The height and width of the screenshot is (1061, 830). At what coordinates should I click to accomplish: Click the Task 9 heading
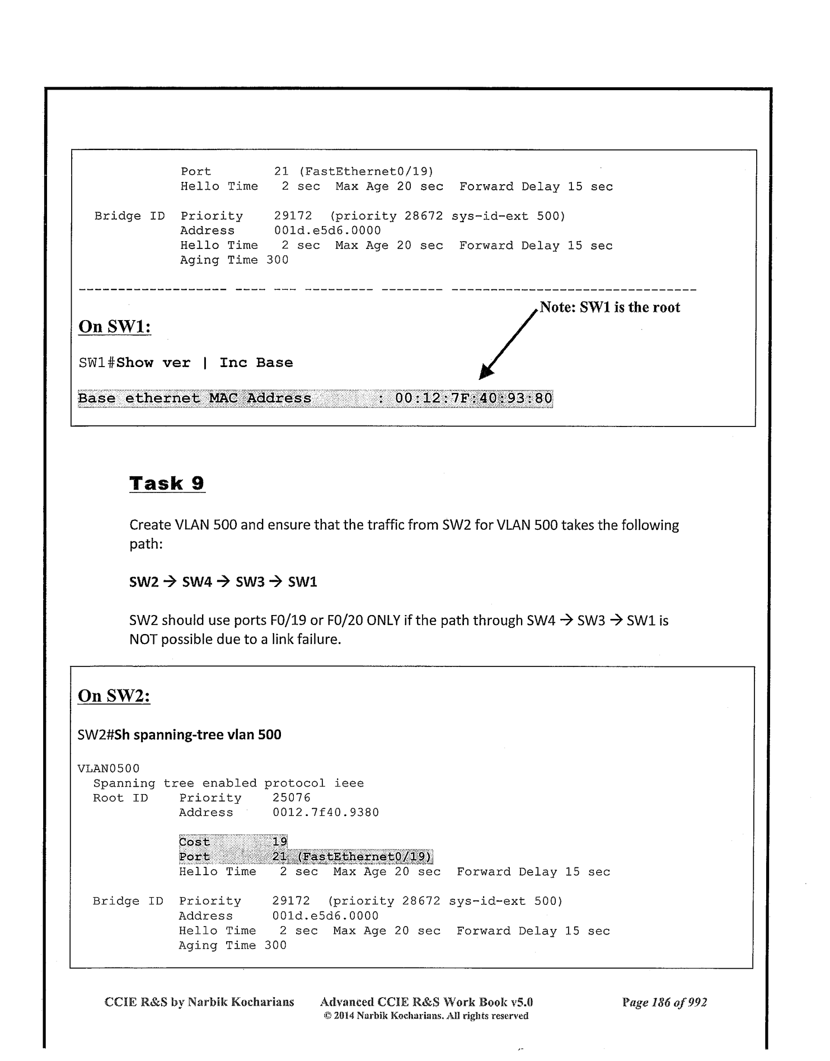point(167,483)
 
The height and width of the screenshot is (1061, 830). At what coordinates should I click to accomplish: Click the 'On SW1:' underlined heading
point(115,326)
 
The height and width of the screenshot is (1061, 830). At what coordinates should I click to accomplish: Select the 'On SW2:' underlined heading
point(114,696)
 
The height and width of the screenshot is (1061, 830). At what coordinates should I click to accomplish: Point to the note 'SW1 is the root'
point(610,307)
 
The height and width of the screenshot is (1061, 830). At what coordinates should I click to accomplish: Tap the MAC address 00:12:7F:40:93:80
point(473,398)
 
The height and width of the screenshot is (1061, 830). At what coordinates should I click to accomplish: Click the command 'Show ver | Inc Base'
point(204,363)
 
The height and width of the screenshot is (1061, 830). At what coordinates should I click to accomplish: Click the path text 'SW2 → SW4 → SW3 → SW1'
point(223,582)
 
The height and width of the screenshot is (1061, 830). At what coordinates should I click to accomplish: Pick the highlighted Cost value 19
point(280,842)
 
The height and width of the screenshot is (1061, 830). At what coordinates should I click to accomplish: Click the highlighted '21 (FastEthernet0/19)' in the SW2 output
point(351,857)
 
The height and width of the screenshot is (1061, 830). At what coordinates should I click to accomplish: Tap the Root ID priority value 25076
point(291,798)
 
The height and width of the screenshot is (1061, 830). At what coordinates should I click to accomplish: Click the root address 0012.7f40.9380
point(325,813)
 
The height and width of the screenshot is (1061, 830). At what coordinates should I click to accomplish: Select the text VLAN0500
point(108,768)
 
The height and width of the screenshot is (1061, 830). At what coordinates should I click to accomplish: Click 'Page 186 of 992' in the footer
point(664,1002)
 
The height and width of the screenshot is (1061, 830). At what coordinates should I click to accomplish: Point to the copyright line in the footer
point(426,1016)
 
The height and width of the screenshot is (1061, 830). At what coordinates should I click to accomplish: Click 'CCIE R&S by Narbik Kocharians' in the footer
point(199,1002)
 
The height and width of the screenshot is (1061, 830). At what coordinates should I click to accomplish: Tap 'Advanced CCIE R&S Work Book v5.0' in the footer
point(426,1002)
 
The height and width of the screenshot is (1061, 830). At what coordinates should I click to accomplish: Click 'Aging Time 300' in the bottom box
point(232,945)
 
